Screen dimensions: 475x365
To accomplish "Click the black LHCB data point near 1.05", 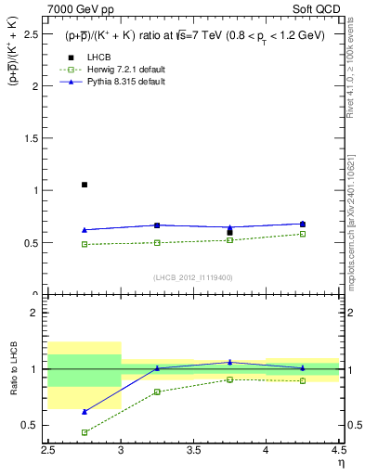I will click(85, 185).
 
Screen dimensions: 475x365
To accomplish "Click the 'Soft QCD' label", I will click(321, 8).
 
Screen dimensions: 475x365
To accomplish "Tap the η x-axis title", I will click(341, 462).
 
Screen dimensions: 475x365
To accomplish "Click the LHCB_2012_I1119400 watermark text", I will click(192, 277).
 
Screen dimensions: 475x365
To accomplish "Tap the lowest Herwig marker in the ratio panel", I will click(85, 432).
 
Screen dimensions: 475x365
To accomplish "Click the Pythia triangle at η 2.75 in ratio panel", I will click(85, 412).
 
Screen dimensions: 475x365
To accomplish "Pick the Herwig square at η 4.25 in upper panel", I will click(303, 234).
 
